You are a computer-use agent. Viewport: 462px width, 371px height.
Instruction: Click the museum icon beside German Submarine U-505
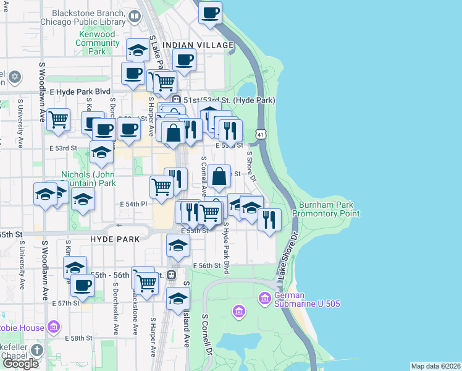[265, 299]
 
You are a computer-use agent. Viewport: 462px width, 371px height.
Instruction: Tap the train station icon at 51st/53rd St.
[176, 100]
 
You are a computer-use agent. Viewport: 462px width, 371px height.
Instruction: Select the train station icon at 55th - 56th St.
[172, 275]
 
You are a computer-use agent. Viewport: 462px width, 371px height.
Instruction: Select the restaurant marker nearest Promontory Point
[269, 219]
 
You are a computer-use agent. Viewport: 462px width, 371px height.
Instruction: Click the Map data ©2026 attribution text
[435, 366]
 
